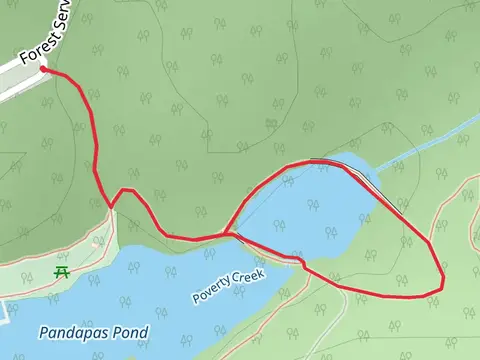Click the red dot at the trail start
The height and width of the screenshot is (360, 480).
pyautogui.click(x=43, y=70)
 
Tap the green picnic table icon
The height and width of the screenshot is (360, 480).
pyautogui.click(x=62, y=272)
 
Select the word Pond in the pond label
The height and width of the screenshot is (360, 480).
pyautogui.click(x=130, y=332)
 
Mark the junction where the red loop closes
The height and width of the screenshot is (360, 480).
pyautogui.click(x=230, y=235)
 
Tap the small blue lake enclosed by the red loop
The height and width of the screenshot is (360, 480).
pyautogui.click(x=320, y=210)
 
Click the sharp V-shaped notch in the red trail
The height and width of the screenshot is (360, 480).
pyautogui.click(x=110, y=208)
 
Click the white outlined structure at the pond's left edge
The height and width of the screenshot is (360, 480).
pyautogui.click(x=3, y=312)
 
